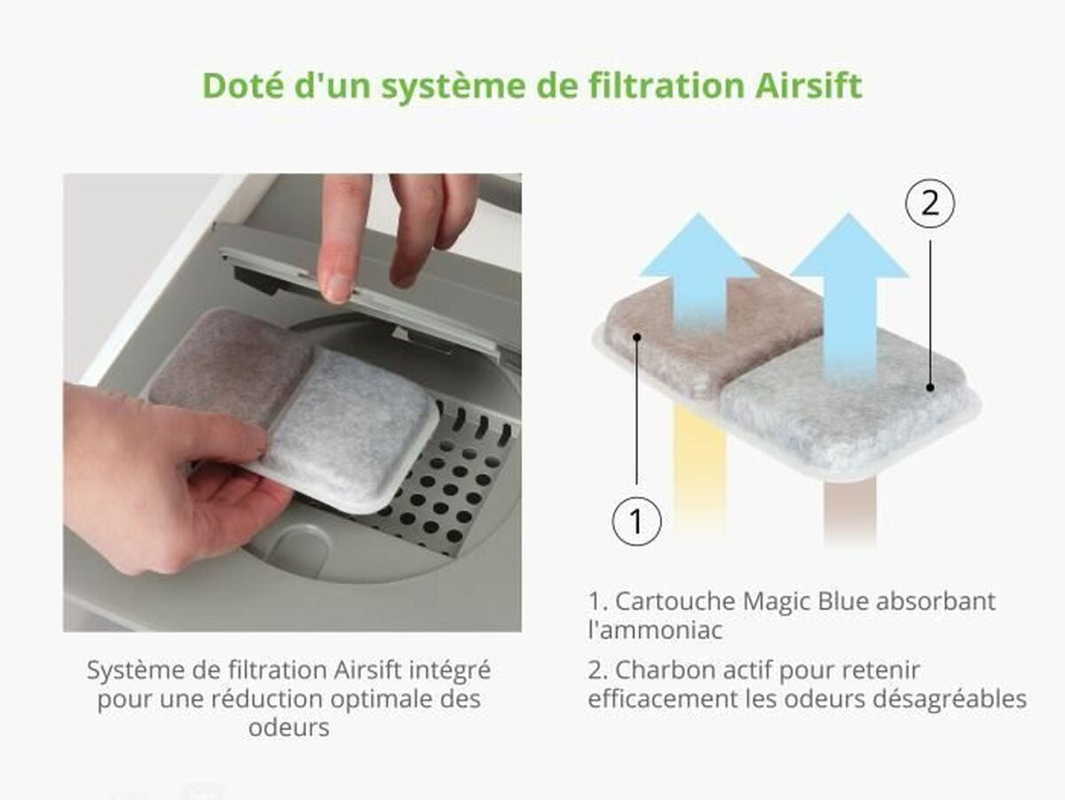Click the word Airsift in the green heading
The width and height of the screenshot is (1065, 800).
pos(809,85)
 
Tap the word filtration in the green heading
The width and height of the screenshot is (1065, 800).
pos(667,85)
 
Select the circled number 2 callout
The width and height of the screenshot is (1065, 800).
pos(929,204)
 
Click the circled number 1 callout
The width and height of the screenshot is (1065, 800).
pos(636,522)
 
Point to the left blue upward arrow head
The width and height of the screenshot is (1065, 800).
pos(698,245)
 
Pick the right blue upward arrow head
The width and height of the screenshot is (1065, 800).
pos(849,245)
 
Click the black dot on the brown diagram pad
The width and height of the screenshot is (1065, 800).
pos(637,336)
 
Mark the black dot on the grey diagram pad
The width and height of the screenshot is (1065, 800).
pos(929,387)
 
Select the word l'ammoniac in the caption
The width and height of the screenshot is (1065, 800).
pos(655,631)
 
